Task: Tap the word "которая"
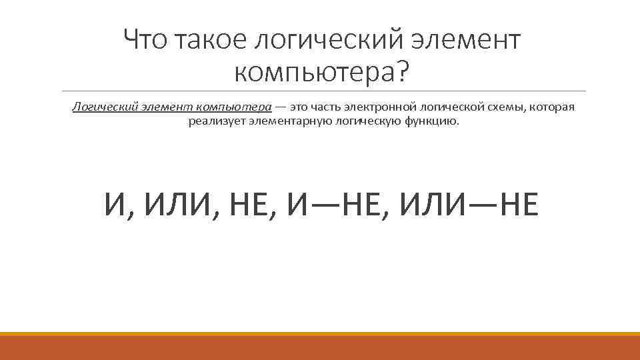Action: click(x=553, y=107)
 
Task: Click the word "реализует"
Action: click(x=211, y=121)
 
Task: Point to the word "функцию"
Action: click(x=433, y=121)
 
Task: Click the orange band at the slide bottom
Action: click(x=320, y=348)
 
